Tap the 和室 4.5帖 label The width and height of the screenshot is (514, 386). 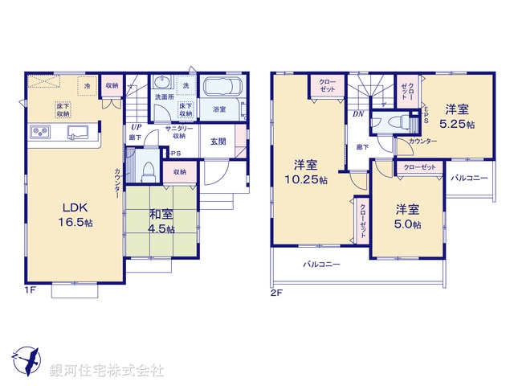(160, 221)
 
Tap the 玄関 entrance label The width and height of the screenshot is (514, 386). (218, 142)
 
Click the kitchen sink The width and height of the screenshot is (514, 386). (78, 132)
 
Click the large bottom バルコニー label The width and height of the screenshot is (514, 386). (322, 265)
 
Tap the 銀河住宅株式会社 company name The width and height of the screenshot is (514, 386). (107, 371)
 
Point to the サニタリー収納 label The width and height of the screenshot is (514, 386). (177, 132)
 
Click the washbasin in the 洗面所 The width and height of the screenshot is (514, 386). (161, 83)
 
